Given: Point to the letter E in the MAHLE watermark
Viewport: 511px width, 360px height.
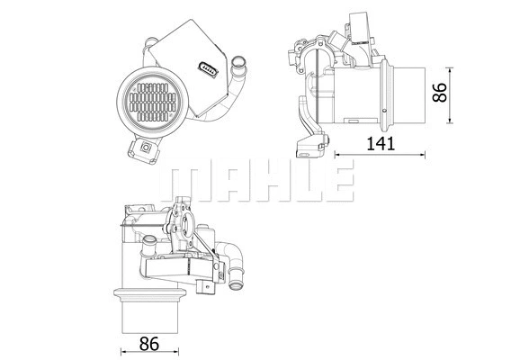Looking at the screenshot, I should tap(334, 182).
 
